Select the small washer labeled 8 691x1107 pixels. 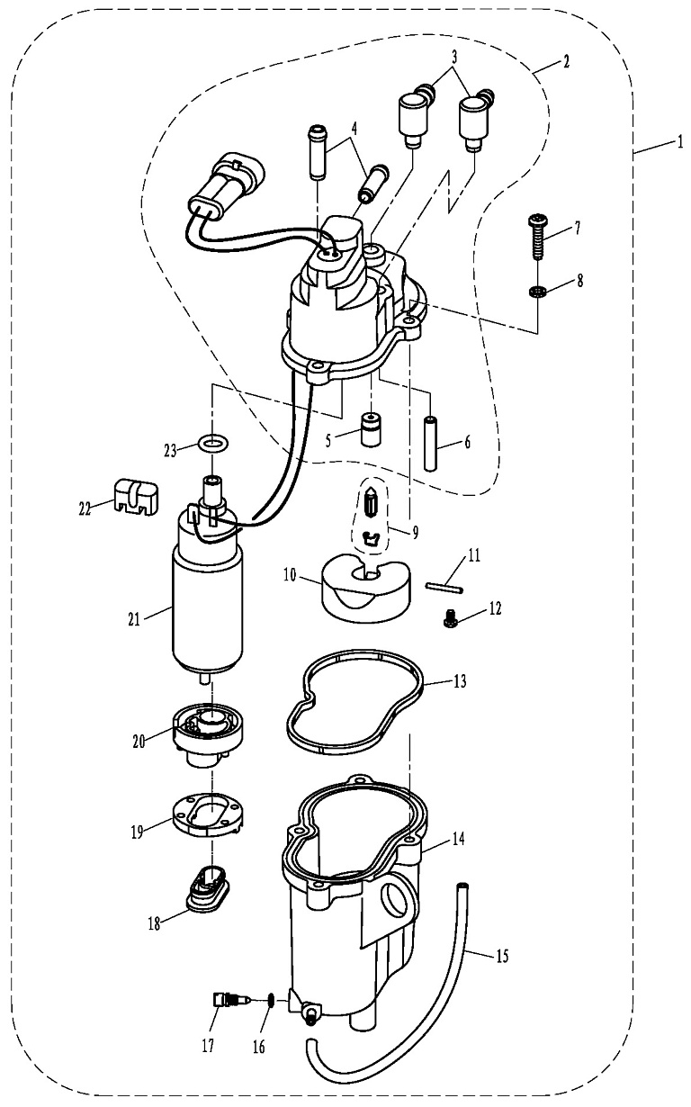click(537, 291)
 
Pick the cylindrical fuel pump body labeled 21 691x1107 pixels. click(207, 603)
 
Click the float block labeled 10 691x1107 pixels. click(364, 591)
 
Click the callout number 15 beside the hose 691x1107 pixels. click(502, 956)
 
